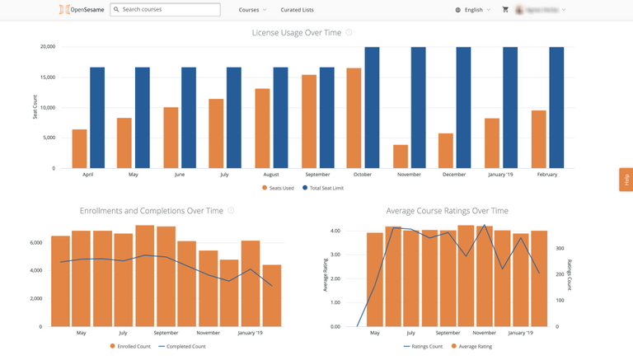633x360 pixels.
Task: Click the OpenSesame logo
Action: click(x=82, y=10)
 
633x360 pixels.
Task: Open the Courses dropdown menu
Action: click(x=252, y=10)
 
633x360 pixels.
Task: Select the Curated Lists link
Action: click(x=296, y=10)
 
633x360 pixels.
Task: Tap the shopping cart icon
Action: click(x=505, y=10)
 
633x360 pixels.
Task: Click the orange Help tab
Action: click(x=626, y=179)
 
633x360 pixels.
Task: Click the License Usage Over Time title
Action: click(x=297, y=33)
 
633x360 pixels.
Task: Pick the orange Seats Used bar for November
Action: click(x=401, y=157)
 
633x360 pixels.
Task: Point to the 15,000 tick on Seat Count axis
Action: click(x=47, y=77)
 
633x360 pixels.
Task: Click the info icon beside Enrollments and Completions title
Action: click(x=231, y=211)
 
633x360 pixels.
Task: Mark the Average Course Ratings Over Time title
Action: click(x=447, y=211)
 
